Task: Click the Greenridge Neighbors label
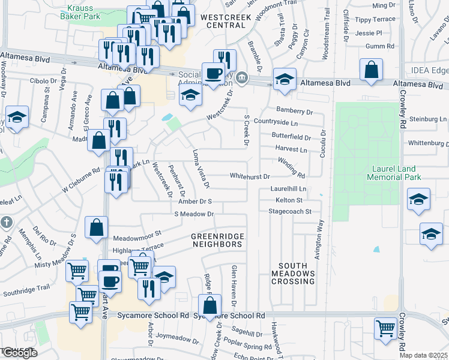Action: [217, 240]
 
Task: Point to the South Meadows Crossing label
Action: [297, 273]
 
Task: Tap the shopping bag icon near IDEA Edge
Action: [372, 70]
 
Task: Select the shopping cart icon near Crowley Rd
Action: [385, 328]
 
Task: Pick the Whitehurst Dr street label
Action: [250, 176]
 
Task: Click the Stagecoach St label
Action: [290, 211]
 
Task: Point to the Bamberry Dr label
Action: [294, 111]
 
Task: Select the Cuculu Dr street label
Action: [323, 144]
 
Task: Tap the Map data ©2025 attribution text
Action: [423, 355]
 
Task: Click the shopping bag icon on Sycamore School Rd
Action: [209, 305]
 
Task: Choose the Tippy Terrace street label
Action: [375, 20]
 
